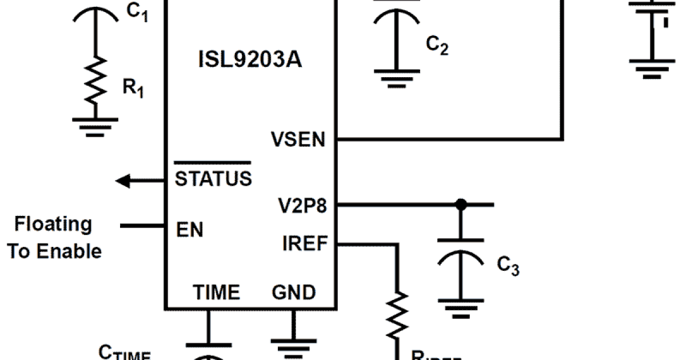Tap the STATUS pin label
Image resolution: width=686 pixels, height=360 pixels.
click(x=213, y=178)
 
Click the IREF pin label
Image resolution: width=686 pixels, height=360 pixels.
click(x=305, y=244)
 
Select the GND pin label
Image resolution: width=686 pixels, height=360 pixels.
click(x=293, y=293)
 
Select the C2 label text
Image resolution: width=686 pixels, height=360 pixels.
click(x=437, y=45)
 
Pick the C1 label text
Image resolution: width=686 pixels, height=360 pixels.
click(x=137, y=12)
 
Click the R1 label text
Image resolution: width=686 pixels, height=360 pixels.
click(x=133, y=89)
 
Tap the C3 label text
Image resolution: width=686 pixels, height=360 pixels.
click(x=508, y=266)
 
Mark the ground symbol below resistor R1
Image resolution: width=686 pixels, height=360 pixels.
click(x=95, y=126)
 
